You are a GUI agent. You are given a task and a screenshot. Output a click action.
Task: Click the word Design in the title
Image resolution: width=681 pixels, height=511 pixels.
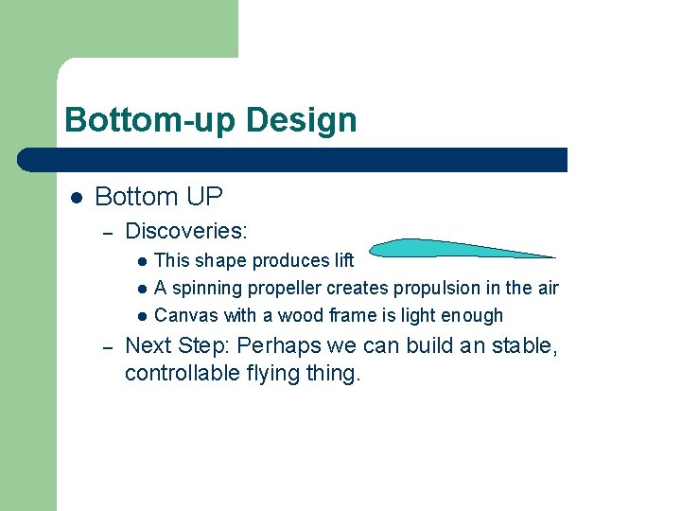[x=301, y=120]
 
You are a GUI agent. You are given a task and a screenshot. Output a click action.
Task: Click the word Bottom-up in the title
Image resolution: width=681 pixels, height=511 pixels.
[x=150, y=120]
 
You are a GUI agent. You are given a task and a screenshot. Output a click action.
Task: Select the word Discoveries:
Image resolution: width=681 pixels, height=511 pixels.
[x=186, y=230]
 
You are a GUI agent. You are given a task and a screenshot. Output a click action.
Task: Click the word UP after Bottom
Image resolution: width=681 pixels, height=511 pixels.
[x=204, y=197]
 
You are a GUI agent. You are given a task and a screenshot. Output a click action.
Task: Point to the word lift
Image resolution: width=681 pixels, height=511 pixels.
[x=342, y=260]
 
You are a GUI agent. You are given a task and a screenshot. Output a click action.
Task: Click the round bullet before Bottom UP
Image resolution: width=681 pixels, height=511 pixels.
[x=77, y=198]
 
